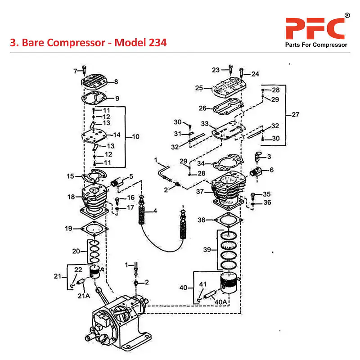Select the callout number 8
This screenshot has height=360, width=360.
click(116, 82)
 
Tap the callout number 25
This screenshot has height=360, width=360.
click(199, 88)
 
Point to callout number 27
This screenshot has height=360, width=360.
click(295, 114)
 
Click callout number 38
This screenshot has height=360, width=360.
click(201, 220)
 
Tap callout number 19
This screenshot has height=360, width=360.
click(68, 229)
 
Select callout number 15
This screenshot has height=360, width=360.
click(71, 176)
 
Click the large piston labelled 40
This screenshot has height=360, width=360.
click(229, 283)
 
